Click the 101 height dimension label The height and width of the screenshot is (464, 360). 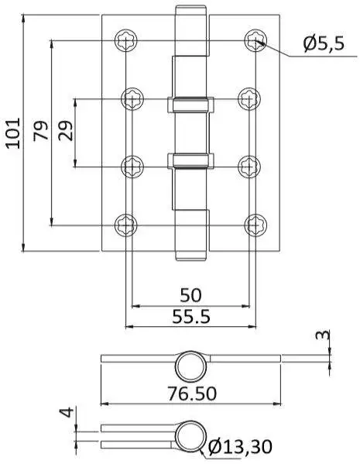coord(13,133)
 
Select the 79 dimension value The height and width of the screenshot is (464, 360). coord(41,130)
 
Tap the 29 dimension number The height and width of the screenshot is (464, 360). coord(65,130)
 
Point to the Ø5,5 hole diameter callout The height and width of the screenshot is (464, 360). coord(324,44)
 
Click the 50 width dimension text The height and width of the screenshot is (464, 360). coord(190,295)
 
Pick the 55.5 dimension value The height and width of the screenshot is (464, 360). coord(191,316)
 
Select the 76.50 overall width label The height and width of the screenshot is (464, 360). coord(192,394)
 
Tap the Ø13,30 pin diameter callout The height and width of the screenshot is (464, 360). coord(240,446)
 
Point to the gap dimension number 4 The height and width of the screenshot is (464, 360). coord(67,412)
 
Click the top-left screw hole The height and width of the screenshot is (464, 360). coord(126,40)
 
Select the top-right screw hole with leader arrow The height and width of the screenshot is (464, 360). coord(255,40)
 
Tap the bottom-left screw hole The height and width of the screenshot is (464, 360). coord(126,225)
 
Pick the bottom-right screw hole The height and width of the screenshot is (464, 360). coord(255,225)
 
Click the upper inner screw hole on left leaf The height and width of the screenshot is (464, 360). coord(132,99)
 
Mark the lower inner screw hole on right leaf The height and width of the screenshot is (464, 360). coord(249,167)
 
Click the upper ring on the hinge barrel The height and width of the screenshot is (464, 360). coord(190,105)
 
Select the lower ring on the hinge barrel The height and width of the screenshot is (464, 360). coord(190,161)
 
